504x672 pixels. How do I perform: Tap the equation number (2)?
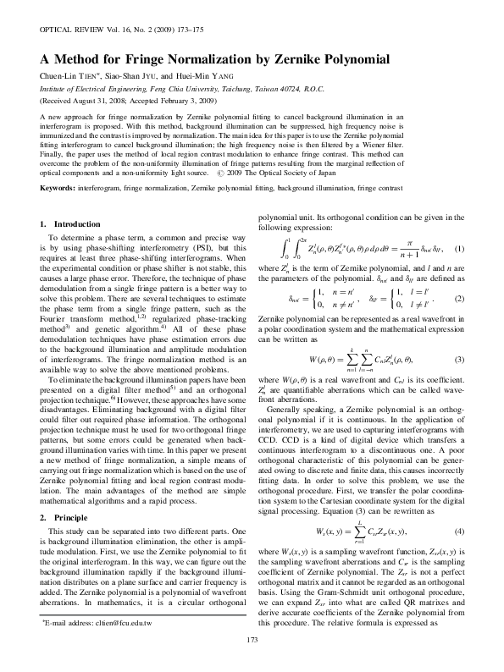[x=460, y=300]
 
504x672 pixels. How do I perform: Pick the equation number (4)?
[x=460, y=531]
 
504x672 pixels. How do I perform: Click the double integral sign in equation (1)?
[x=293, y=251]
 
